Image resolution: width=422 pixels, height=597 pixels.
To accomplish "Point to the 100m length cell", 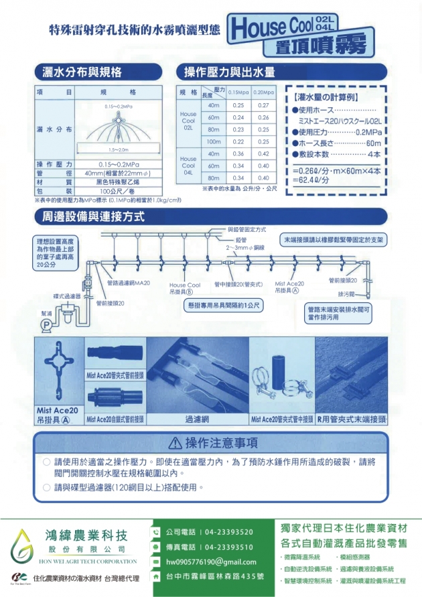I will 214,142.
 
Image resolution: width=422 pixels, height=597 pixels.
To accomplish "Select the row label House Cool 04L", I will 188,165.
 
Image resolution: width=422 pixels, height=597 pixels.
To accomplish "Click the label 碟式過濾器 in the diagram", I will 67,295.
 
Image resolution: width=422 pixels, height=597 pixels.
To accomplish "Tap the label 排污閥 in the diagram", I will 346,294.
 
